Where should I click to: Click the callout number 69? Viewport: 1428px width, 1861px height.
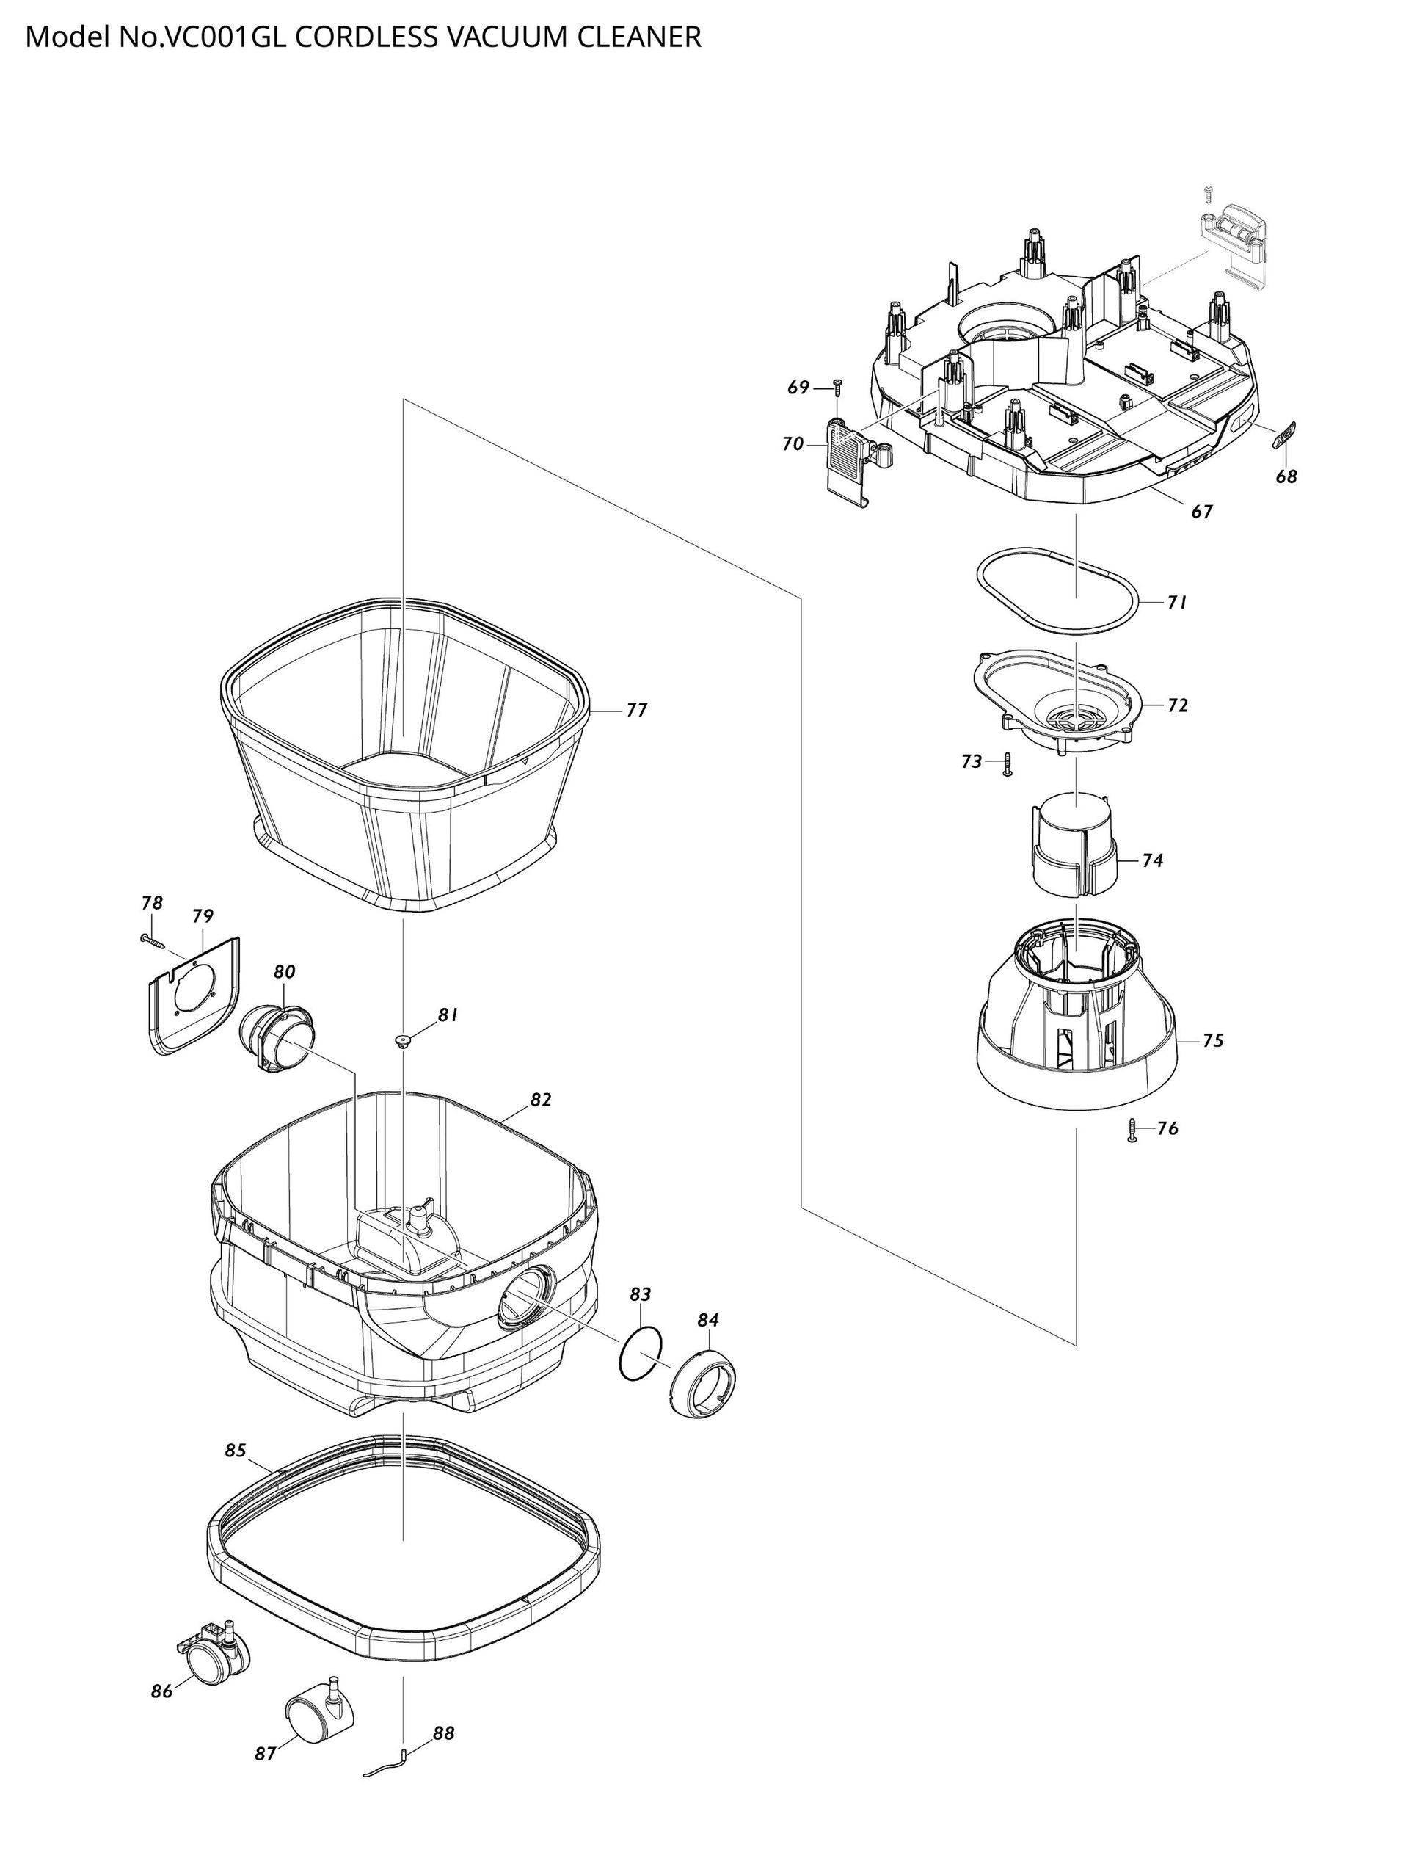[798, 388]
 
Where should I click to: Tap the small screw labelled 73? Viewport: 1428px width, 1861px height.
[1008, 763]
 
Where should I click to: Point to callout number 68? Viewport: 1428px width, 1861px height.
[1286, 476]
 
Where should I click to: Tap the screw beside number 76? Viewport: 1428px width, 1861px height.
[1132, 1130]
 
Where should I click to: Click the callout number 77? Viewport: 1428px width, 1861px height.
[637, 710]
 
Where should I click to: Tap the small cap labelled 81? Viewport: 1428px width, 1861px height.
[402, 1040]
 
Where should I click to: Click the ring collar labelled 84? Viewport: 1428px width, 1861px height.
[704, 1382]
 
